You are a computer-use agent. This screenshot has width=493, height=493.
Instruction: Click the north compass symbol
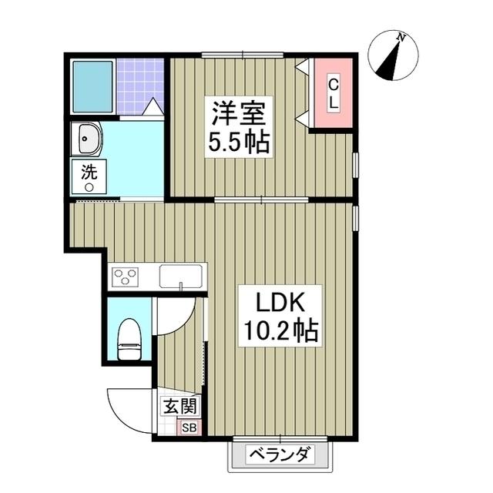click(393, 57)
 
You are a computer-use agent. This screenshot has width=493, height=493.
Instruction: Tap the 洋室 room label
click(240, 115)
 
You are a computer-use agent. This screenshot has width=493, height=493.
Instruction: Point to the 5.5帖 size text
click(240, 143)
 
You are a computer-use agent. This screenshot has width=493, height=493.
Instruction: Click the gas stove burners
click(124, 276)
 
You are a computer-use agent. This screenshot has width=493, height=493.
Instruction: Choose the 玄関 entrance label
click(180, 406)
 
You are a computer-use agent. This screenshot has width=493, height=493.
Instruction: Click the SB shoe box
click(189, 426)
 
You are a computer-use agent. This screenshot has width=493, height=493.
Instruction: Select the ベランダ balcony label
click(282, 454)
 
